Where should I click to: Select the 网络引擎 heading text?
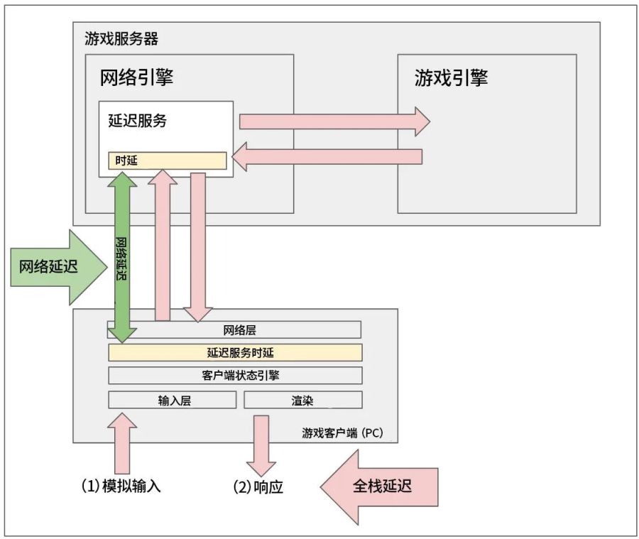136,77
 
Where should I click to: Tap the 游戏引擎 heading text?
451,77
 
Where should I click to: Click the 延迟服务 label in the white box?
138,121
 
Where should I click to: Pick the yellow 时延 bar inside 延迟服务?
167,160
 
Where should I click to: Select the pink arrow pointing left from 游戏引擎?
328,157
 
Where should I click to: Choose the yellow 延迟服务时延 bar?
235,353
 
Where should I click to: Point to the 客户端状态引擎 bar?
235,375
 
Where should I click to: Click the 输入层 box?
172,400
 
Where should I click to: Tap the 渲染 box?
302,400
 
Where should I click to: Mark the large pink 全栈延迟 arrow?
380,487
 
